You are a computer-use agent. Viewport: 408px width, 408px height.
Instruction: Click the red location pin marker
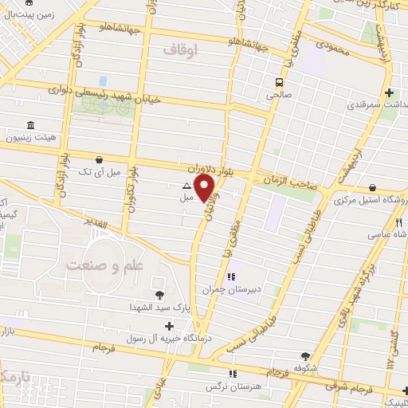pos(206,187)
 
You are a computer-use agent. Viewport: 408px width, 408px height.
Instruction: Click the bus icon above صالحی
pos(280,83)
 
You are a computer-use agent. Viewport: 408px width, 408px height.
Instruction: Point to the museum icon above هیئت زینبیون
pos(30,126)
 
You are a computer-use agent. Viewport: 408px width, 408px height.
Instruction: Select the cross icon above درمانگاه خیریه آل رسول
pos(168,327)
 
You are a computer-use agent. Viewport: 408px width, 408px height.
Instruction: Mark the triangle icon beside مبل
pos(186,188)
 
